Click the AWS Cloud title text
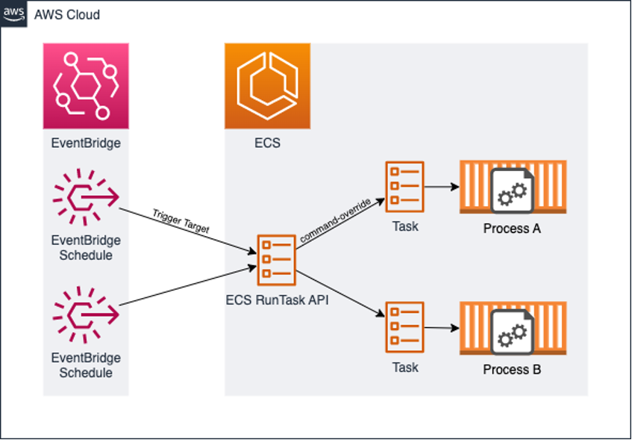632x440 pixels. tap(67, 15)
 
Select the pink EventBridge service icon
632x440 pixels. tap(86, 86)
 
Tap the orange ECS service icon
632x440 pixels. tap(267, 86)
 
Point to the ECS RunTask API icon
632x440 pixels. tap(276, 259)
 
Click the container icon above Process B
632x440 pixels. tap(513, 329)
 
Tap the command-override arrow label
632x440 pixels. tap(335, 220)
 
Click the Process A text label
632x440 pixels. tap(512, 229)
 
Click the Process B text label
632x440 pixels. tap(512, 370)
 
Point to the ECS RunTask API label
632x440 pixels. tap(276, 300)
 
